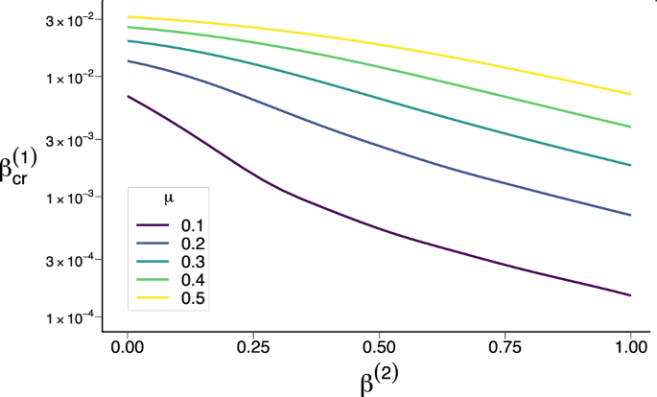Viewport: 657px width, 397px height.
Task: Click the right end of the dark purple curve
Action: tap(630, 295)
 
